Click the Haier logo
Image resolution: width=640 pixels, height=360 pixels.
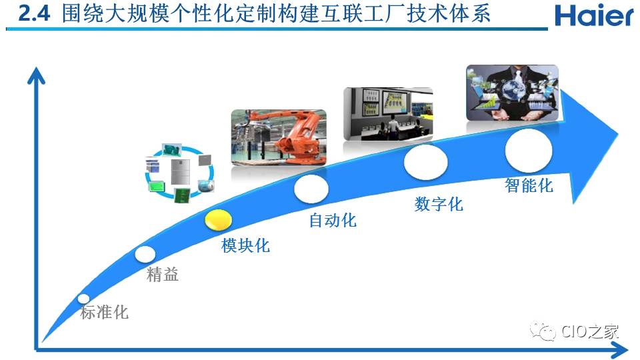point(594,15)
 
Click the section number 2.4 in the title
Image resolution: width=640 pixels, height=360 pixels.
point(34,14)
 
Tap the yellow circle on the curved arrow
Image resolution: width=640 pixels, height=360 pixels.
point(219,220)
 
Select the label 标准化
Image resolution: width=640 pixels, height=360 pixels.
point(105,312)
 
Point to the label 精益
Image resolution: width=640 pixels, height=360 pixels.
point(163,274)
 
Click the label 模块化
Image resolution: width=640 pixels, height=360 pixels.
point(245,245)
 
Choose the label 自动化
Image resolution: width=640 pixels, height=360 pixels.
point(333,220)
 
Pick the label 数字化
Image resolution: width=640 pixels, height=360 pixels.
point(439,204)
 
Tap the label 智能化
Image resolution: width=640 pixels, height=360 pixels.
point(529,185)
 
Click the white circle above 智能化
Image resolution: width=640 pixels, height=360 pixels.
point(529,151)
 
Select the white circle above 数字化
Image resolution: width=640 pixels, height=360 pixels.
point(426,162)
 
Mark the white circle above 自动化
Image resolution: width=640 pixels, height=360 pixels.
point(311,189)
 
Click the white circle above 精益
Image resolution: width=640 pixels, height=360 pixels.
point(145,254)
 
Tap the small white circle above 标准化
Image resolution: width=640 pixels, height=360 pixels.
point(84,299)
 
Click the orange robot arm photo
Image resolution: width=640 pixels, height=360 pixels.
point(279,137)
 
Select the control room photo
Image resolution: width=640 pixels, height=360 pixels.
point(388,114)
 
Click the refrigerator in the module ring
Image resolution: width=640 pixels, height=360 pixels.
point(180,172)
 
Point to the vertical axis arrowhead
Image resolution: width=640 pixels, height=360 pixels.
point(36,76)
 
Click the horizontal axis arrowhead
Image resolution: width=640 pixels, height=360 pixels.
point(619,350)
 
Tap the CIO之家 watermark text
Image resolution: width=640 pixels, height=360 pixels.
point(590,331)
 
